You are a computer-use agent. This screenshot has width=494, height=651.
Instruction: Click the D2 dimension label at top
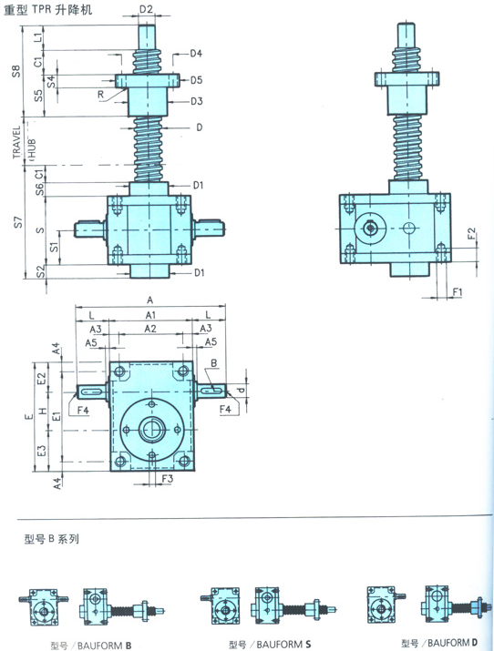[146, 8]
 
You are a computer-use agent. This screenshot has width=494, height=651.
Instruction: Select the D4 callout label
[196, 53]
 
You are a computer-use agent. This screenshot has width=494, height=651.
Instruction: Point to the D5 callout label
[196, 80]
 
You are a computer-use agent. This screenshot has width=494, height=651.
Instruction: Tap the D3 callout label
[196, 101]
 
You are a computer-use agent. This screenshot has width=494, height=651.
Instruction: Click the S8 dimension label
[15, 71]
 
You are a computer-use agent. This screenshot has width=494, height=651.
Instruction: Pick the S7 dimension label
[18, 222]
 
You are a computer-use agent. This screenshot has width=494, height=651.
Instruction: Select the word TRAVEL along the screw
[16, 142]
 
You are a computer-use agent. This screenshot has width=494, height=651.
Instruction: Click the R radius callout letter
[100, 95]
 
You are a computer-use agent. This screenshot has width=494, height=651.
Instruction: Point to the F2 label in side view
[471, 233]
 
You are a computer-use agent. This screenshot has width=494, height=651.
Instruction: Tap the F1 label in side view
[457, 292]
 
